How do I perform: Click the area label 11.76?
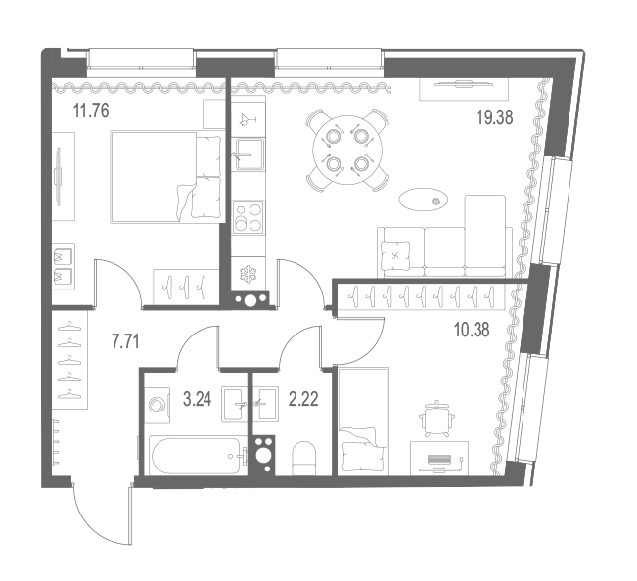[x=91, y=111]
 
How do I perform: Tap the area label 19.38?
[x=494, y=117]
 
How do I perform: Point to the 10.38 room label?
[x=472, y=330]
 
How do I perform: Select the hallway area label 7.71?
[x=125, y=342]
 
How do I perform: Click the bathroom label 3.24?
[x=198, y=399]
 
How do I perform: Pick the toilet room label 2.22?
[x=303, y=399]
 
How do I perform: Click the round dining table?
[x=347, y=151]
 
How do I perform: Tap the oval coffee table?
[x=424, y=200]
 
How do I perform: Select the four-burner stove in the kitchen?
[x=248, y=217]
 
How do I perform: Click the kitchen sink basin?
[x=248, y=155]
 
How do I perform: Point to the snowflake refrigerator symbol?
[x=247, y=275]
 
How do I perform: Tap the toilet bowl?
[x=304, y=459]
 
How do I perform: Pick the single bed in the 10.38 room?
[x=363, y=422]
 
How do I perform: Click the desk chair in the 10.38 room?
[x=436, y=419]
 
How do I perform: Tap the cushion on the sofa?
[x=395, y=255]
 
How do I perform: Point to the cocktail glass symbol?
[x=248, y=119]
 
